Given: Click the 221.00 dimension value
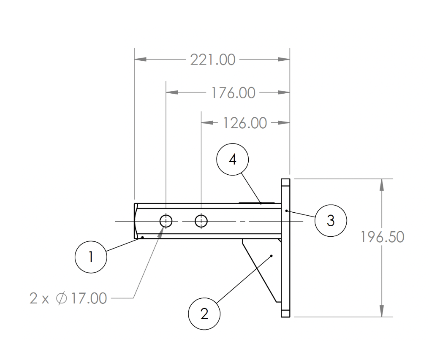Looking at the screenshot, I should point(212,60).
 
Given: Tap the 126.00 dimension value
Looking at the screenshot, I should point(245,123).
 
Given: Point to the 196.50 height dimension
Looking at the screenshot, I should point(382,237).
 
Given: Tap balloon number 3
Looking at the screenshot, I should point(331,220).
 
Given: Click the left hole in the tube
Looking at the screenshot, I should point(166,220).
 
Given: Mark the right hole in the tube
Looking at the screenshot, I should point(201,220).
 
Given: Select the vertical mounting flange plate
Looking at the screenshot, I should point(285,247).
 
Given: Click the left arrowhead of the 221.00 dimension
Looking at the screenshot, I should point(140,60).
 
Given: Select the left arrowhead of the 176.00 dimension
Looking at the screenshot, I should point(171,92).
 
